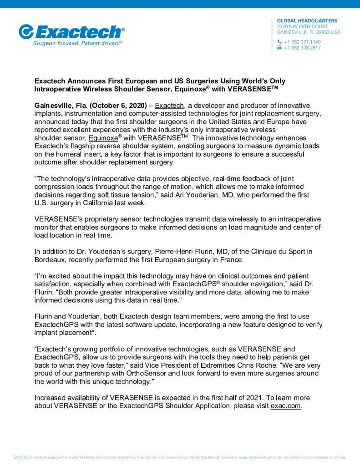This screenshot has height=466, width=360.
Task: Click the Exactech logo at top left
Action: [x=71, y=32]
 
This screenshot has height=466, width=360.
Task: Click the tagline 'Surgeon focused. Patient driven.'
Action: [x=78, y=44]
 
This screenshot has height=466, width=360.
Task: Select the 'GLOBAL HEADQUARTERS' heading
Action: [x=307, y=21]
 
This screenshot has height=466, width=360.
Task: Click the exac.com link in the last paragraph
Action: [x=285, y=405]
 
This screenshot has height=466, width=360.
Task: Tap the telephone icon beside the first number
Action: [x=279, y=42]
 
